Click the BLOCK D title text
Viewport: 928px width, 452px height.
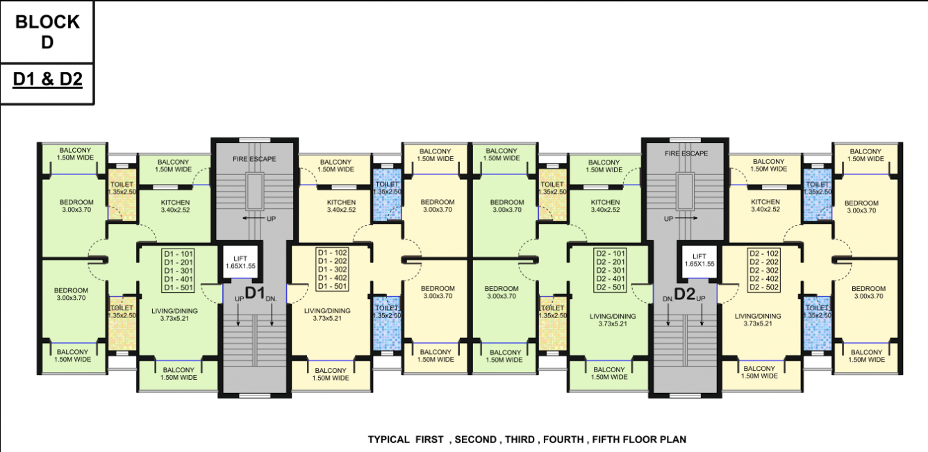(47, 32)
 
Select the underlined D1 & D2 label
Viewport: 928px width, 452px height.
(48, 80)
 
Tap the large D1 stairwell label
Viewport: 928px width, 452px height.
(254, 293)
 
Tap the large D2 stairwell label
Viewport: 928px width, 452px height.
(685, 294)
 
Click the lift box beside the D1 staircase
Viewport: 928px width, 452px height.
(240, 261)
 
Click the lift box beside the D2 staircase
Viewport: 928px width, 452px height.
(699, 261)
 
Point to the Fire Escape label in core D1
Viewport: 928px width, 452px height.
(254, 159)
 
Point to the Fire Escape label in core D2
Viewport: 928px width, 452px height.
(686, 153)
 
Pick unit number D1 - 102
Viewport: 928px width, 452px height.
(332, 253)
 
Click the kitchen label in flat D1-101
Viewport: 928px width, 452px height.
(174, 206)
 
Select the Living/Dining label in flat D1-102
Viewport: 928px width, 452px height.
(327, 315)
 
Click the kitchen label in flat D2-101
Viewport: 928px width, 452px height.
(605, 206)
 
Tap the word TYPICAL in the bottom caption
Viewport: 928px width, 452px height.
(389, 440)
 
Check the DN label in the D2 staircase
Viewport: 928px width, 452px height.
(667, 298)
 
